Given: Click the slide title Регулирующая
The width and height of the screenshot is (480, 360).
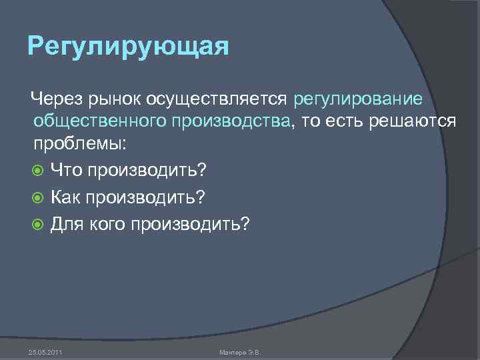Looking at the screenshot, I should pos(129,48).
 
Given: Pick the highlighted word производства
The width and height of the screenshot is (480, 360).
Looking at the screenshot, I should pos(220,121).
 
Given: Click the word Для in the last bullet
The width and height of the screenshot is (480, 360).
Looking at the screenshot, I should pos(67,225).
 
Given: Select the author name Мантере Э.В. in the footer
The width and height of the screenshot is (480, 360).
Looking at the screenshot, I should pos(240,351).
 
